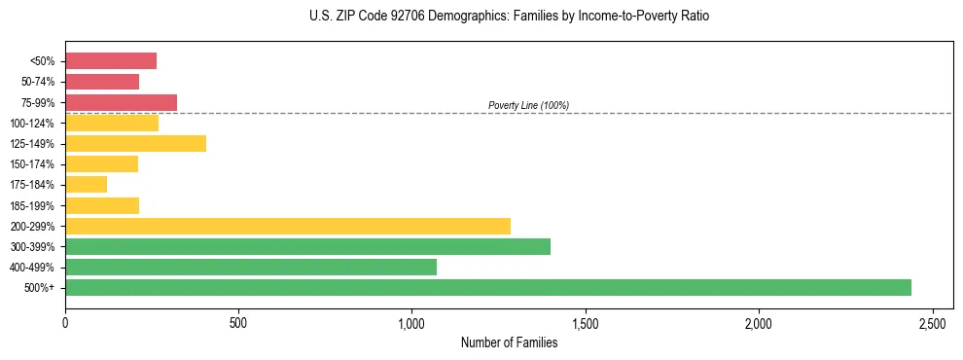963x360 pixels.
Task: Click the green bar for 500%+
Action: pyautogui.click(x=488, y=287)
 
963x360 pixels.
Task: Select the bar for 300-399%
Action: pyautogui.click(x=307, y=246)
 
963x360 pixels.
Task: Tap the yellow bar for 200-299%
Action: pyautogui.click(x=288, y=226)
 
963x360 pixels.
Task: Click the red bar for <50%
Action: pyautogui.click(x=111, y=61)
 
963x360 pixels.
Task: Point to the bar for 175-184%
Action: pyautogui.click(x=86, y=184)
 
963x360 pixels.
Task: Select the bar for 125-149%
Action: pyautogui.click(x=135, y=143)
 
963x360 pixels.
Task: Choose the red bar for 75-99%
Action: pyautogui.click(x=121, y=102)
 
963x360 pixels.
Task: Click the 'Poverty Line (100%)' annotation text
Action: pyautogui.click(x=528, y=105)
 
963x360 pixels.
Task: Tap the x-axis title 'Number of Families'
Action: pyautogui.click(x=509, y=342)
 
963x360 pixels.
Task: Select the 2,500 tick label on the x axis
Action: pyautogui.click(x=933, y=322)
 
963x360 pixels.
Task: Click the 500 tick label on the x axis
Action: pyautogui.click(x=238, y=322)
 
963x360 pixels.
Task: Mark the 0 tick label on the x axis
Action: pyautogui.click(x=65, y=322)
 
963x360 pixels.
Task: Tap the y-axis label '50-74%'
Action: pyautogui.click(x=38, y=82)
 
